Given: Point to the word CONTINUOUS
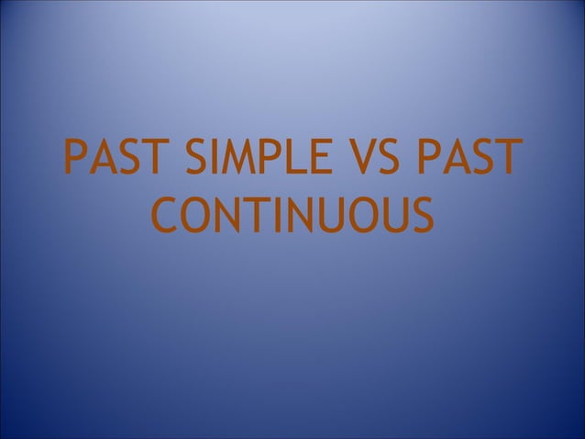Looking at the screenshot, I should click(292, 215).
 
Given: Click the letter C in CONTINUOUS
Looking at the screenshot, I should click(164, 215).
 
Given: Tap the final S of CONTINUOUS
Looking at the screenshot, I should click(419, 215).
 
